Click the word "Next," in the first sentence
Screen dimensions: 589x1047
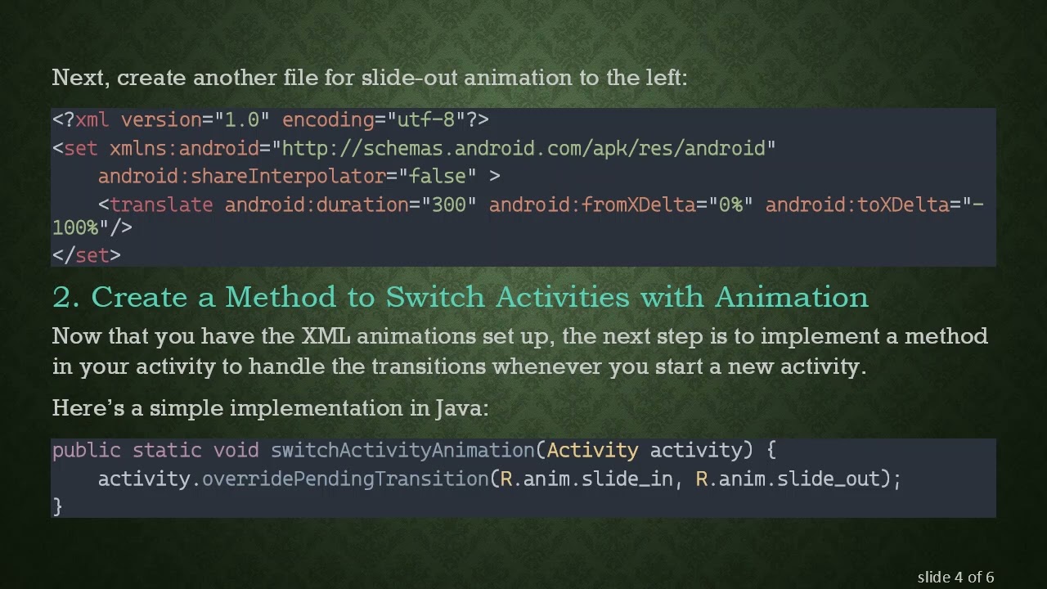82,79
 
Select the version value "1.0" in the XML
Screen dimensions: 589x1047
242,120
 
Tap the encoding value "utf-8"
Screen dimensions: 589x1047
425,120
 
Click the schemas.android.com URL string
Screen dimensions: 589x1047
523,149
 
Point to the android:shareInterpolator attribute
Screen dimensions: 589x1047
242,177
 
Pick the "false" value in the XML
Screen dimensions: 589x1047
437,177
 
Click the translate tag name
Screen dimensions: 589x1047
161,205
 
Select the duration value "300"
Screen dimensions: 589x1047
448,205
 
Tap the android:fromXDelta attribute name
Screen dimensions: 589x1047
592,205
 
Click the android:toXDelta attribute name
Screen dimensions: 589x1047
856,205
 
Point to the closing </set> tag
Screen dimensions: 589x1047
86,255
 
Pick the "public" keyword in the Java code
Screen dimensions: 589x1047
86,451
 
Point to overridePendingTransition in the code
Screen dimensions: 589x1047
345,479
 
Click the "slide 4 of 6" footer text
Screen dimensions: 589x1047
955,578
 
